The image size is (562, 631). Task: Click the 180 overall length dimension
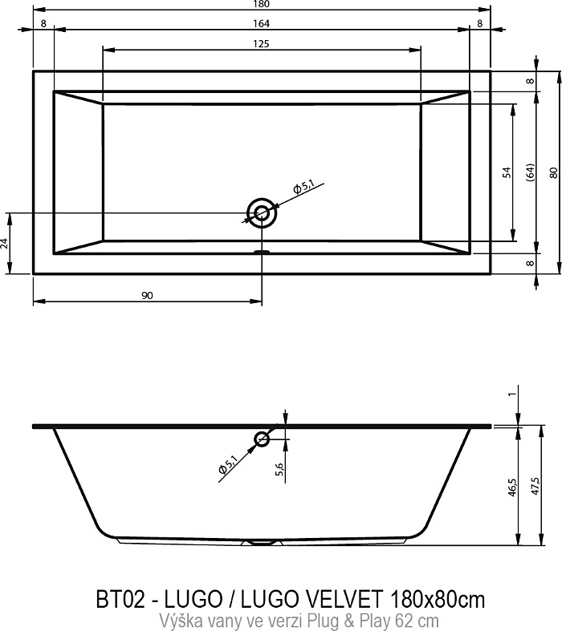coord(261,4)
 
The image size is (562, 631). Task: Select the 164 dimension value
coord(261,24)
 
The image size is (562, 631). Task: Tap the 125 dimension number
coord(261,44)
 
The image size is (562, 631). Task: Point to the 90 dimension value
coord(148,296)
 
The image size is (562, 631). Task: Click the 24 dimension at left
coord(5,243)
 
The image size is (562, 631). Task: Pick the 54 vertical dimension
coord(507,172)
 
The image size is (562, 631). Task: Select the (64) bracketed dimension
coord(531,172)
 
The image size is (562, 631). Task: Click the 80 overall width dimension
coord(554,172)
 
